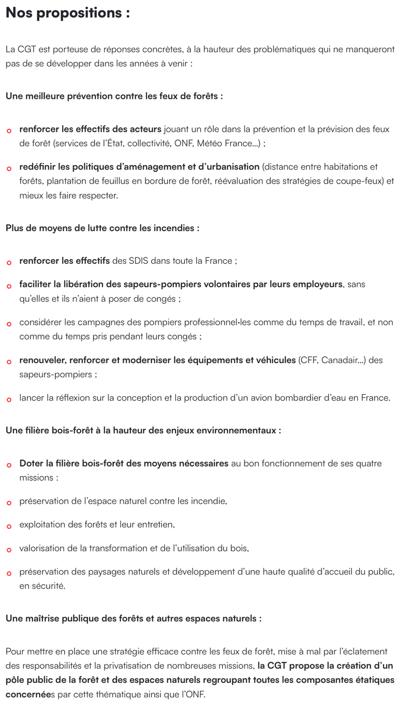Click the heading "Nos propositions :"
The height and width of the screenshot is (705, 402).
tap(67, 13)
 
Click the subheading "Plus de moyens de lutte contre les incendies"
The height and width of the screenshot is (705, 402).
tap(102, 228)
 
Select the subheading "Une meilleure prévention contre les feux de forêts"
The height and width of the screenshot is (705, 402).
tap(114, 96)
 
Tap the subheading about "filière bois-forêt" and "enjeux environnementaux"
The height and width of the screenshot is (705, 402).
tap(143, 430)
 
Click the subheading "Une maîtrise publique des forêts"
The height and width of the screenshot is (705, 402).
tap(133, 619)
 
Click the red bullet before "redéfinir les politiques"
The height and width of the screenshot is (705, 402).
tap(9, 169)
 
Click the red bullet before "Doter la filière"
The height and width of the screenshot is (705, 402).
tap(9, 465)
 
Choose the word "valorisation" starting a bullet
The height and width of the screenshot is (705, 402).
tap(43, 548)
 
